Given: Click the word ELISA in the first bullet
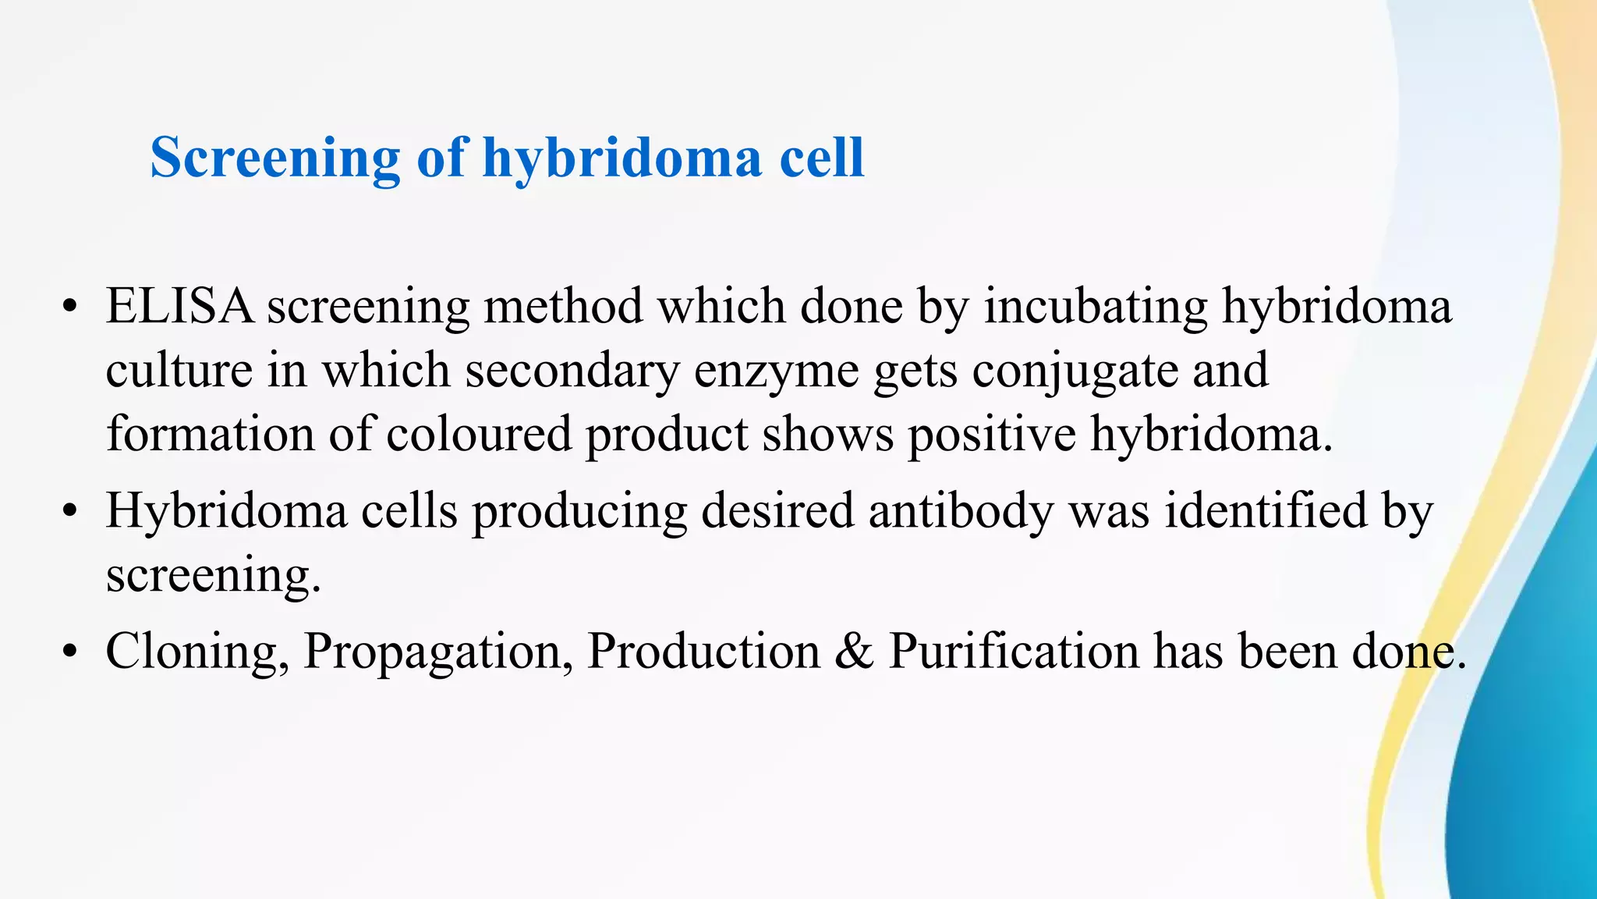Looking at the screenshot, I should [179, 305].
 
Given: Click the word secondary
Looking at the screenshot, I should [572, 371].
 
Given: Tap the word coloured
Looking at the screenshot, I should [479, 434].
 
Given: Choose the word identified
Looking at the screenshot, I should [1266, 510].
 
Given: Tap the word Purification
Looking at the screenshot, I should [1014, 651].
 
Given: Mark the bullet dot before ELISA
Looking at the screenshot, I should [70, 307].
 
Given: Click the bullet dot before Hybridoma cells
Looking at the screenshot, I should [70, 512].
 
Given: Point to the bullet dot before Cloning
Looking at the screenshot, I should [70, 652].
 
